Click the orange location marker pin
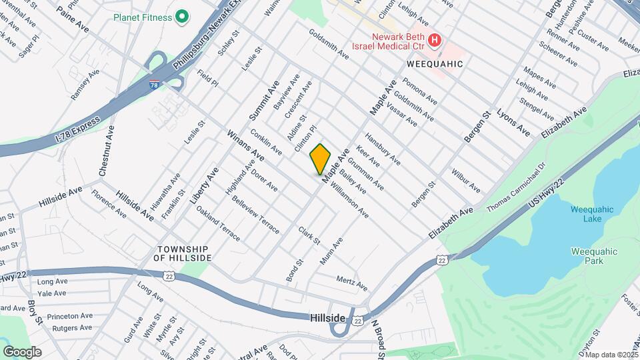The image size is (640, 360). (321, 158)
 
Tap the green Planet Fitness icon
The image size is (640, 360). (181, 18)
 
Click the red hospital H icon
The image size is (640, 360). (434, 41)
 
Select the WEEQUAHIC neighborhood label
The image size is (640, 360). (434, 63)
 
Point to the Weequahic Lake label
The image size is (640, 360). (587, 214)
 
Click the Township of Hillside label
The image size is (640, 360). (181, 253)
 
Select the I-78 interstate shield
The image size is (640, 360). (154, 86)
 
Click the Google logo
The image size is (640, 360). (22, 351)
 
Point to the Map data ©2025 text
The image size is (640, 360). (611, 355)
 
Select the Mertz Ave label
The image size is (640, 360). (352, 283)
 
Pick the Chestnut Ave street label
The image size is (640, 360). (106, 152)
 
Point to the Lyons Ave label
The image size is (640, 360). (513, 123)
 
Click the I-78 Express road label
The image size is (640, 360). (74, 129)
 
